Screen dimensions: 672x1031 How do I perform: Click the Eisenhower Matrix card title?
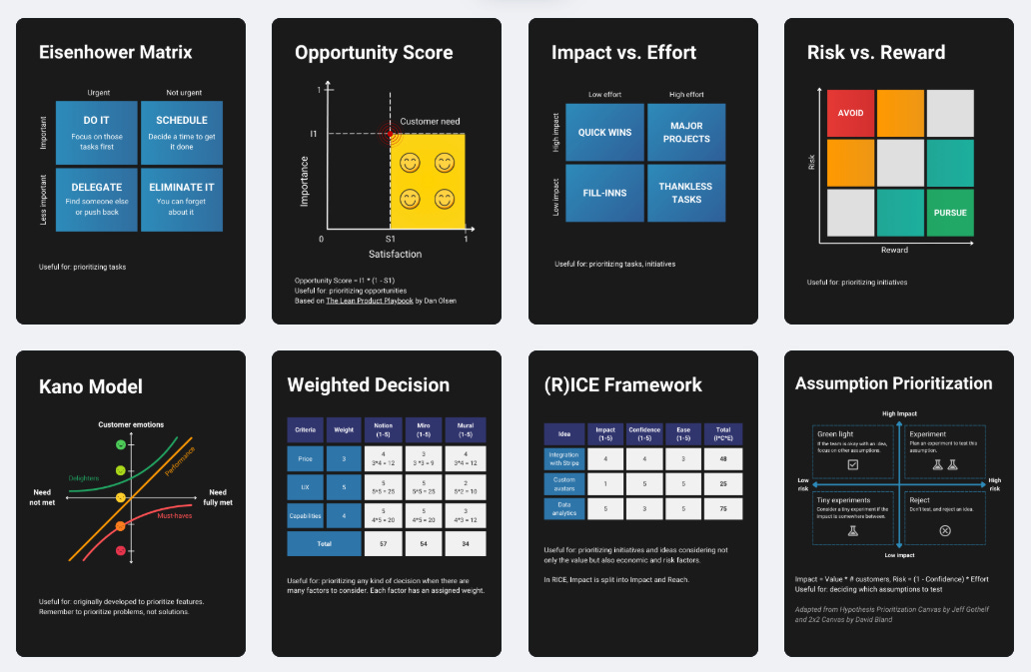(116, 52)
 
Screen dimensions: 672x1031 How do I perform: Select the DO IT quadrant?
(97, 132)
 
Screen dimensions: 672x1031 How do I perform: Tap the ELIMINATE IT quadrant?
(181, 198)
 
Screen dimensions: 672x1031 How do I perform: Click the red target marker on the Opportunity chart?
(389, 134)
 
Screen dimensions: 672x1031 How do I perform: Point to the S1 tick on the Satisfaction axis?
(390, 241)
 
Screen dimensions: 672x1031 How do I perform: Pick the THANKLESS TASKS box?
(685, 193)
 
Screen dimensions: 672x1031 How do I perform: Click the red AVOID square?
(850, 113)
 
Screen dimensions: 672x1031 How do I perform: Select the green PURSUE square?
(949, 212)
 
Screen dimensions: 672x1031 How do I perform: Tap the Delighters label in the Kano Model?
(84, 478)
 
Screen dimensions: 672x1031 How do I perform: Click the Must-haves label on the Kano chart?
(175, 516)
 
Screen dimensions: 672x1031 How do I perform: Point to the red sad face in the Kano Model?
(121, 550)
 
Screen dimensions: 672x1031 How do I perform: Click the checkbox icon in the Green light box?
(852, 464)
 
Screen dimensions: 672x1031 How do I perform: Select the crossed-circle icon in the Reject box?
(945, 529)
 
